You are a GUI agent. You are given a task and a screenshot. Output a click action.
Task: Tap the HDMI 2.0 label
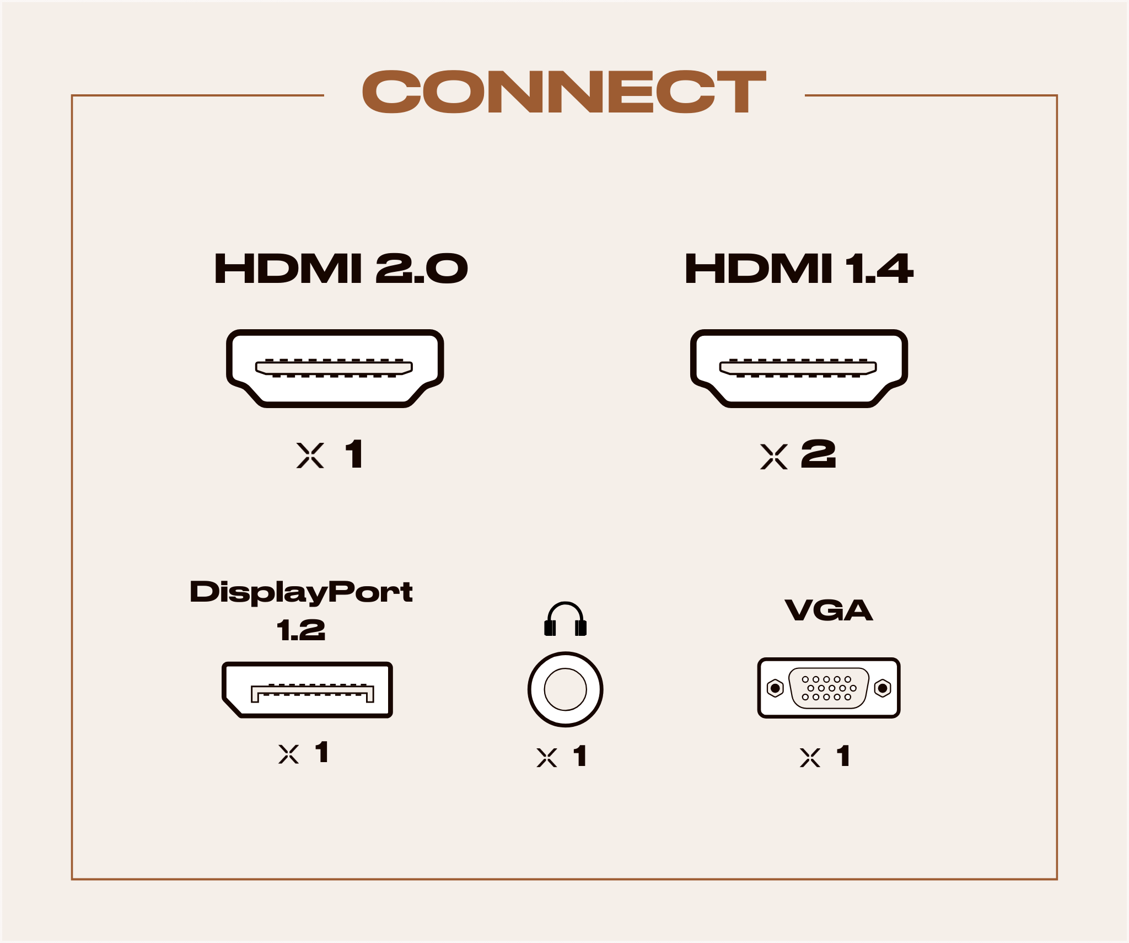coord(341,269)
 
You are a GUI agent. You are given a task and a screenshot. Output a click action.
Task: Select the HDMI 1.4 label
coord(799,269)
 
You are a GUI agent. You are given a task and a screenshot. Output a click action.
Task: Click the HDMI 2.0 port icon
coord(335,368)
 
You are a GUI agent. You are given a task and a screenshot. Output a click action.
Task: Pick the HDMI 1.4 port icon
coord(799,368)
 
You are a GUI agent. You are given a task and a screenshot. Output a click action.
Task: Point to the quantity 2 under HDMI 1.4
coord(819,454)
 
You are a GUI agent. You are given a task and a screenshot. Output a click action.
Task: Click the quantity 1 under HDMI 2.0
coord(354,454)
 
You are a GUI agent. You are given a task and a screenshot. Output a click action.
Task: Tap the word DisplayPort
coord(301,592)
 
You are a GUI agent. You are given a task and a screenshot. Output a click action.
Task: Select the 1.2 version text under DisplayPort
coord(301,630)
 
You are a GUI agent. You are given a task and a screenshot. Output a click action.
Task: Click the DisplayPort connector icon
coord(308,689)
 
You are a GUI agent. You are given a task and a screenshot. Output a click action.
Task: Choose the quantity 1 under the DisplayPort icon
coord(322,752)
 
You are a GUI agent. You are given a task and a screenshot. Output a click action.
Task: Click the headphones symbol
coord(565,619)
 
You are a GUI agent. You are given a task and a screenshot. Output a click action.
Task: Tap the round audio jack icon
coord(565,689)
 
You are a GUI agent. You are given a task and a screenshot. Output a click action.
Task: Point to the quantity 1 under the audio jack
coord(580,756)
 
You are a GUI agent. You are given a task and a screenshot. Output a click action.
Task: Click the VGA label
coord(829,610)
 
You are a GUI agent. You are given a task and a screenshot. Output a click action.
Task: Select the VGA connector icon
coord(829,688)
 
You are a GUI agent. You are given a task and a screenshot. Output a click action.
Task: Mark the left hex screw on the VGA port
coord(776,688)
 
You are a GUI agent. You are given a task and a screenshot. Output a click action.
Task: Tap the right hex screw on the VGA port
coord(883,688)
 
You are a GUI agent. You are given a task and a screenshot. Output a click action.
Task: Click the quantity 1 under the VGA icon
coord(843,756)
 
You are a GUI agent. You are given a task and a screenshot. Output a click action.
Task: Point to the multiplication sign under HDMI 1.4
coord(773,457)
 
